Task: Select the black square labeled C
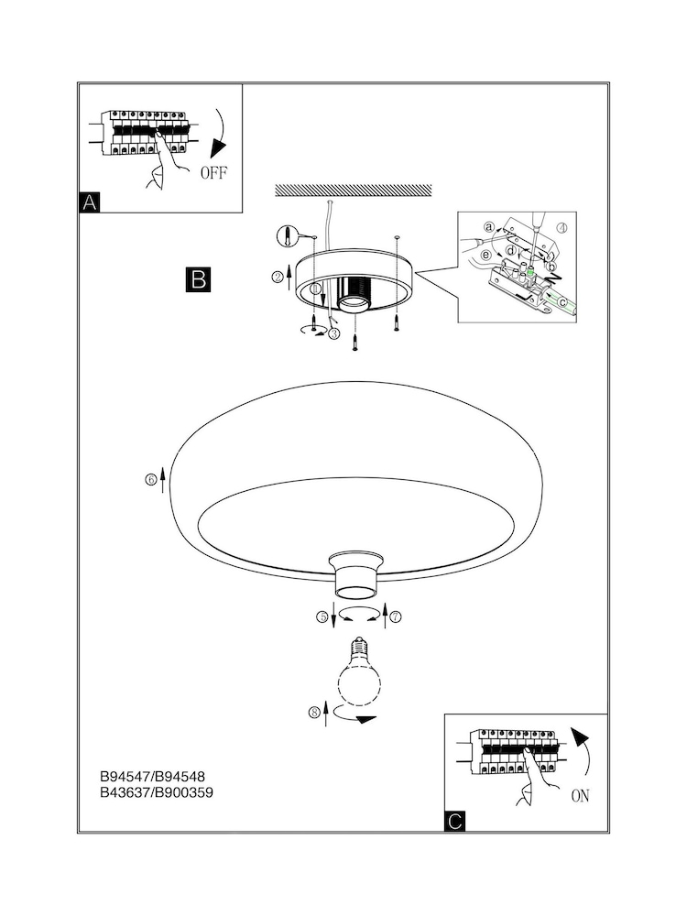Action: [x=455, y=821]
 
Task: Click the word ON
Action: [x=580, y=795]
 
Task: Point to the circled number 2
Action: [x=278, y=276]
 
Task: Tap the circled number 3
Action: [x=333, y=335]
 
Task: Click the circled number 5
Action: [x=322, y=616]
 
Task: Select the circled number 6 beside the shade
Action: [x=150, y=478]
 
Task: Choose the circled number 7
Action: [x=396, y=616]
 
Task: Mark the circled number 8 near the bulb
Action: [x=314, y=711]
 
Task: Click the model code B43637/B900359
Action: [x=156, y=794]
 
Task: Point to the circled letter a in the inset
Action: [x=488, y=225]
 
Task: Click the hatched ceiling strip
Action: [x=353, y=190]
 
